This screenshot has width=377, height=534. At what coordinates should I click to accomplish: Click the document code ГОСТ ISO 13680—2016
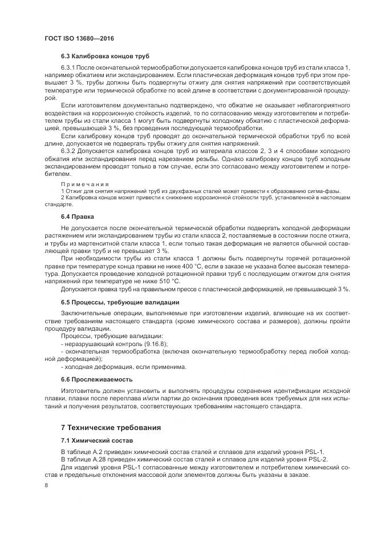pos(79,38)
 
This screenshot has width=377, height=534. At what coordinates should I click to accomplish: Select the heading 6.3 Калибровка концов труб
pos(105,57)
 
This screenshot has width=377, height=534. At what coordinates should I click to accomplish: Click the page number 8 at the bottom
pos(46,485)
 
